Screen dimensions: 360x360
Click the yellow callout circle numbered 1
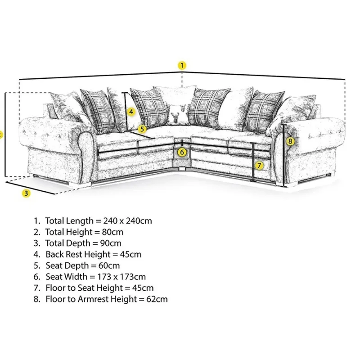click(x=182, y=65)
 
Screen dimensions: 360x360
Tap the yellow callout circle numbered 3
click(x=26, y=193)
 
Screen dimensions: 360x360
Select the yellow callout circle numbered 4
click(x=131, y=112)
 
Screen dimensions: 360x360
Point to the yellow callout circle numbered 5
click(x=142, y=129)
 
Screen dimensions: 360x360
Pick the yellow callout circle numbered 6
click(x=182, y=152)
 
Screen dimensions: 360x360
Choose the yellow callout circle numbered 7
click(x=259, y=166)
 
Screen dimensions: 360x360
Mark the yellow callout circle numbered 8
click(x=290, y=141)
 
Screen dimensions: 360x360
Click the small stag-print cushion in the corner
click(x=178, y=114)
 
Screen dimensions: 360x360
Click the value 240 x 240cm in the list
click(x=128, y=221)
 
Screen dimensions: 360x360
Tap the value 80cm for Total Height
click(x=113, y=232)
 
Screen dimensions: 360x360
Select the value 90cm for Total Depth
click(x=111, y=243)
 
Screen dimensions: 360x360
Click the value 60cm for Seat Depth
click(x=109, y=266)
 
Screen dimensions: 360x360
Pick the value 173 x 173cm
click(x=121, y=277)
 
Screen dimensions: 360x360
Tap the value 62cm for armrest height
click(x=157, y=299)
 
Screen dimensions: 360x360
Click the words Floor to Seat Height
click(x=84, y=288)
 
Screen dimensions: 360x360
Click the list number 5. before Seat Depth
click(x=37, y=266)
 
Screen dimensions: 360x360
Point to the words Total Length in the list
click(x=69, y=221)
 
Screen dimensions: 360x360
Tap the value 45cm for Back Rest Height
click(x=130, y=255)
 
